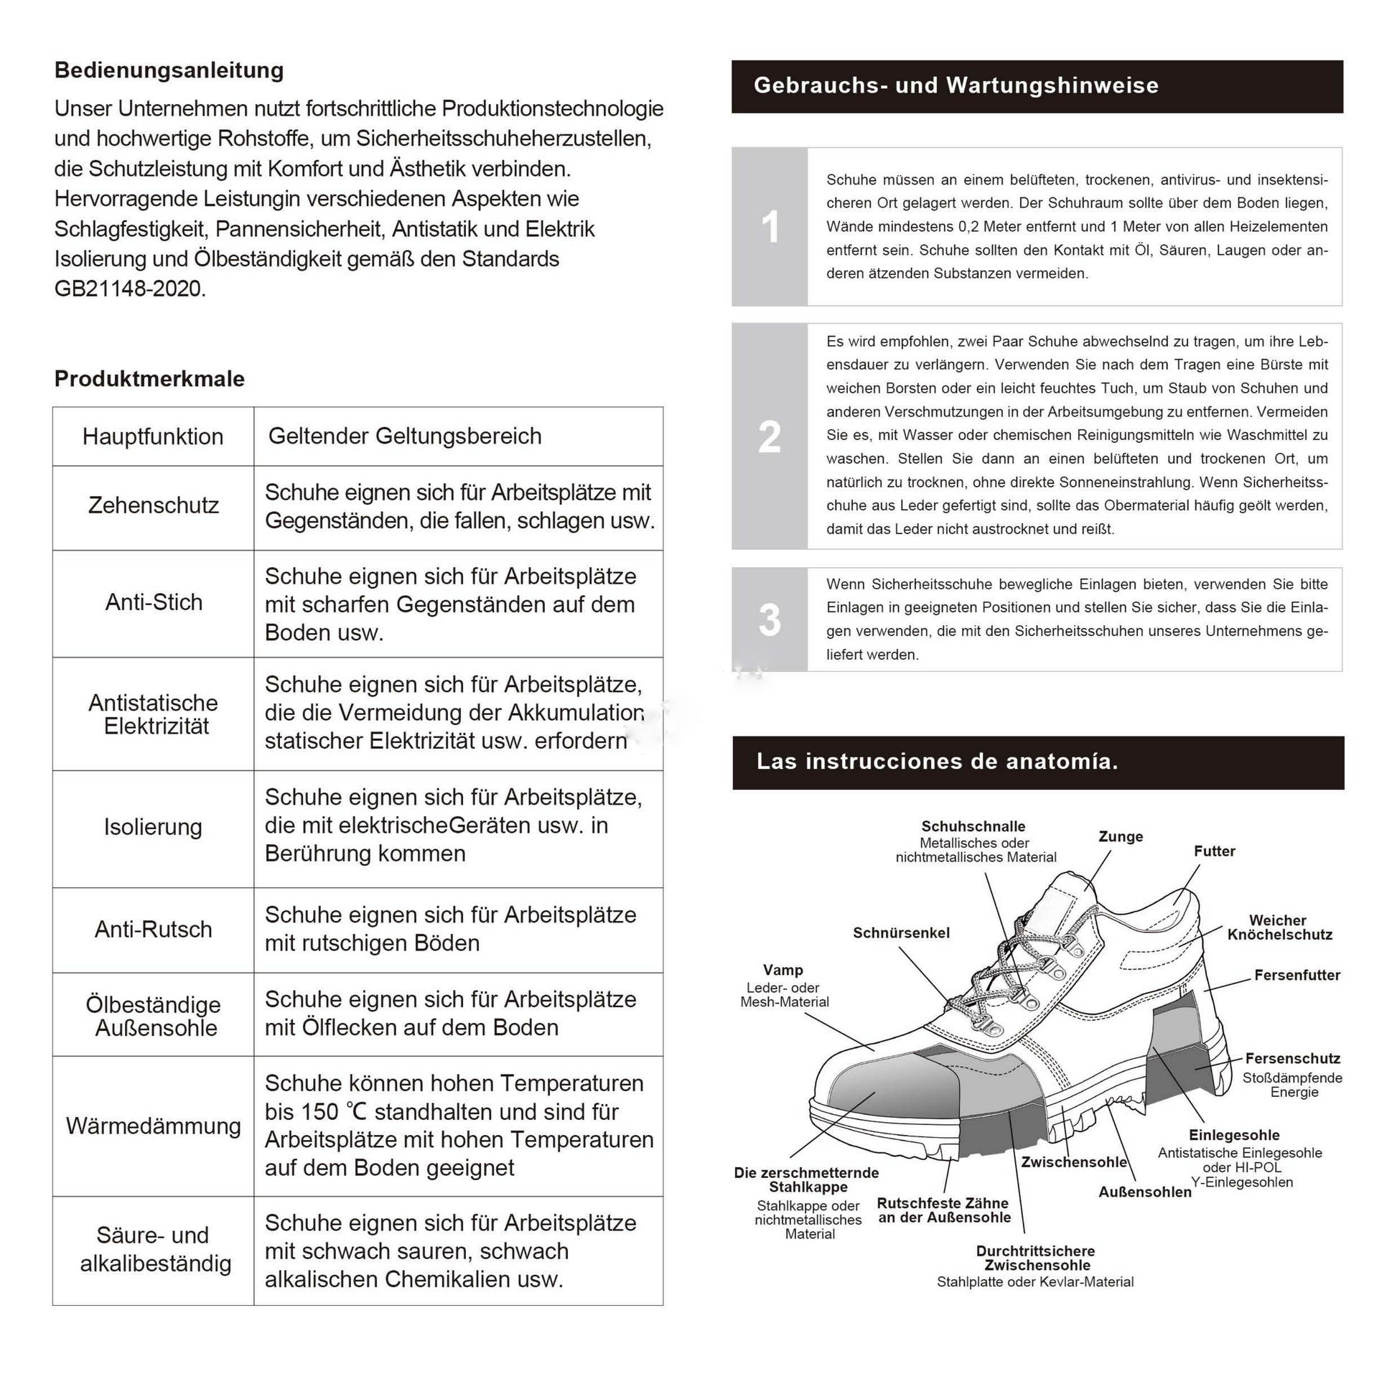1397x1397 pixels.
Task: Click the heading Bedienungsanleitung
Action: point(169,70)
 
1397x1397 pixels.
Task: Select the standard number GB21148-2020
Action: point(130,289)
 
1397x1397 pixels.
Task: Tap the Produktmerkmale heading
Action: point(149,378)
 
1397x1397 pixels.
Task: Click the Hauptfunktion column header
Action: point(153,436)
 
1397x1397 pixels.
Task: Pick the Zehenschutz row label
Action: point(154,505)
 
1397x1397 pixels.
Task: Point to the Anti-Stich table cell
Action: point(154,602)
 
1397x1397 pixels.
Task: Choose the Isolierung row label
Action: point(153,826)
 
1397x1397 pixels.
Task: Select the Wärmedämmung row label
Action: point(154,1125)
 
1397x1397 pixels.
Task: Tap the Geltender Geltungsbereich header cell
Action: point(405,436)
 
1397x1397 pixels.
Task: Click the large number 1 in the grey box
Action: point(770,226)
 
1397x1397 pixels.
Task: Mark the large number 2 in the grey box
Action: point(770,436)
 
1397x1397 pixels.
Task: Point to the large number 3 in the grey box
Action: point(770,620)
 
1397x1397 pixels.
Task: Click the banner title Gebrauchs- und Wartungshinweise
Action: point(956,85)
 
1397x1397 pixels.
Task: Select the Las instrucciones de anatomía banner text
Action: point(937,762)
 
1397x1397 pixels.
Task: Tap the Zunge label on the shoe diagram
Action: point(1120,836)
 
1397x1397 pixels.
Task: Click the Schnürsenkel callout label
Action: point(901,933)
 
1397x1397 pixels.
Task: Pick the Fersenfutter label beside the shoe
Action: point(1296,975)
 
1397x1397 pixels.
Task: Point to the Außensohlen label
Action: point(1144,1192)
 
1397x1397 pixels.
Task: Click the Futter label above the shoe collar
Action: point(1214,851)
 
